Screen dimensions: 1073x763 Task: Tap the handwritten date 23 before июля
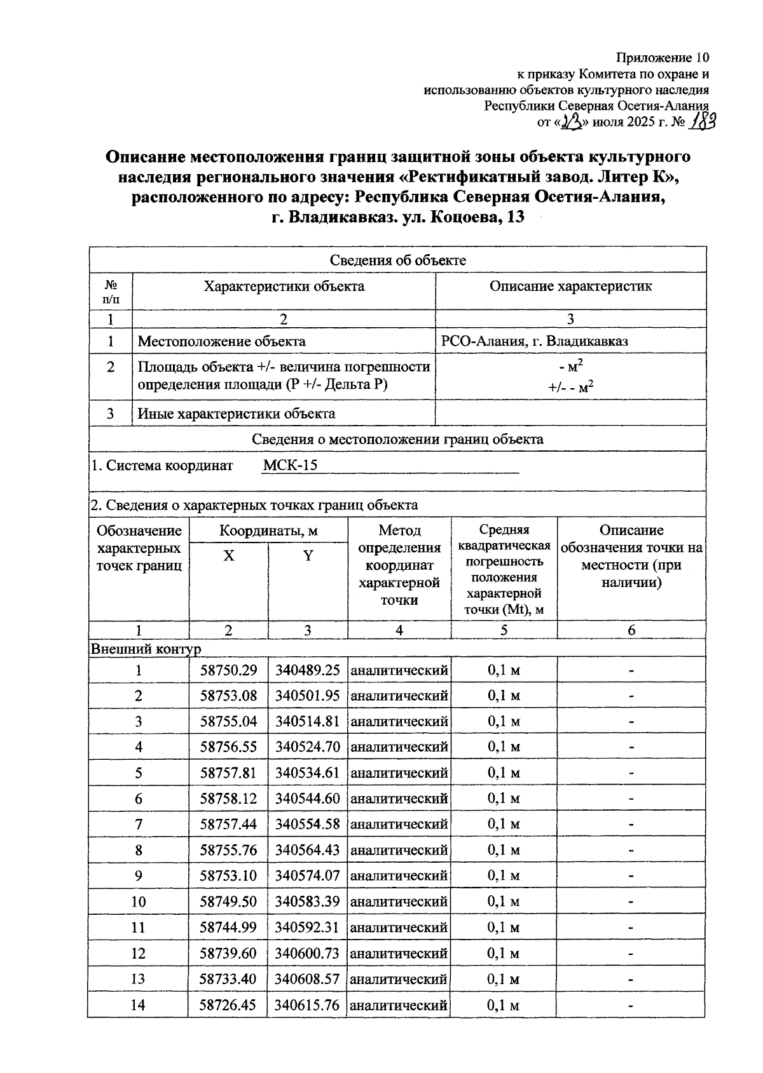click(572, 121)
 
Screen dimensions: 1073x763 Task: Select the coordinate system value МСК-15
click(290, 465)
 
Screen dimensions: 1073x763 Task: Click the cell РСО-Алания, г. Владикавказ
click(534, 341)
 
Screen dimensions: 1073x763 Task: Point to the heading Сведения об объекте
click(397, 260)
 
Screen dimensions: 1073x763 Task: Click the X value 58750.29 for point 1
click(228, 670)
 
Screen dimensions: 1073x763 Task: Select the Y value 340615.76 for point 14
click(307, 1005)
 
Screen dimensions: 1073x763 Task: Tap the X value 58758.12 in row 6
click(228, 799)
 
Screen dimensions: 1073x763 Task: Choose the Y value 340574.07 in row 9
click(307, 876)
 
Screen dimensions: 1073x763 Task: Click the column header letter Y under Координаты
click(308, 557)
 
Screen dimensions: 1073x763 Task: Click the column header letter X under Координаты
click(228, 557)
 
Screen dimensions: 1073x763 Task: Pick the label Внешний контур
click(146, 649)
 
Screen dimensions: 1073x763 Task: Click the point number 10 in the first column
click(138, 902)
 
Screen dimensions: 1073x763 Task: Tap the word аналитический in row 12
click(399, 954)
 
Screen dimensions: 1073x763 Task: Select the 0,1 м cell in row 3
click(504, 722)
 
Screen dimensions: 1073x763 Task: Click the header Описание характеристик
click(570, 287)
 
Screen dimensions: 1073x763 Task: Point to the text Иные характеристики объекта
click(237, 414)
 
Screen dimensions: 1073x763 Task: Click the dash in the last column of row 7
click(631, 825)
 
